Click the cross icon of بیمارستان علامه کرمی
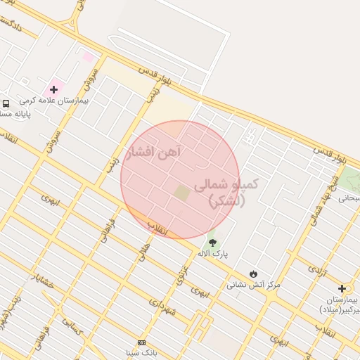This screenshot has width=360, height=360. tap(53, 89)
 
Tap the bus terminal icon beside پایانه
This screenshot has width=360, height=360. tap(6, 103)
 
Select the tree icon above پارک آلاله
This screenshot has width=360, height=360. tap(213, 242)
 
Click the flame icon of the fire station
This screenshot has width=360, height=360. tap(253, 274)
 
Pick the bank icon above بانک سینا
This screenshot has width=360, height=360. tap(141, 342)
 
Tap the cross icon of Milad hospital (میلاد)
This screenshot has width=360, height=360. tap(342, 288)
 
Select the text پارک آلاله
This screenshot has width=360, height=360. tap(213, 253)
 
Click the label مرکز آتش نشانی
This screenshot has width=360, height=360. tap(253, 285)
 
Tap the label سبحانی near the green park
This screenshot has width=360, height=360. tap(349, 198)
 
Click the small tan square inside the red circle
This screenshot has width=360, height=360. tap(182, 193)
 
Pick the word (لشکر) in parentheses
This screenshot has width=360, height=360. tap(227, 201)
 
